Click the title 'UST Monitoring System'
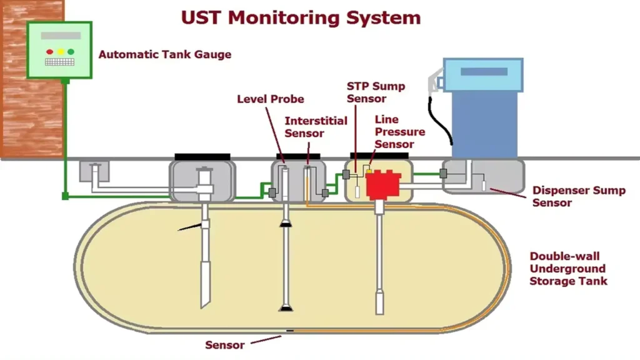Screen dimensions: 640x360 [x=301, y=18]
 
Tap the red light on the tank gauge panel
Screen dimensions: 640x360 [x=50, y=52]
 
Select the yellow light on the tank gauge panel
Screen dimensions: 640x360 [x=61, y=52]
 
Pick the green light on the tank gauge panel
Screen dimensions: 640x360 [x=71, y=52]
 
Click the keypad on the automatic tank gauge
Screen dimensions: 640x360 [x=59, y=62]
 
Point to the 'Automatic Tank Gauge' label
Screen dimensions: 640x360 [x=165, y=54]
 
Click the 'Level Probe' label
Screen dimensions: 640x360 [x=271, y=99]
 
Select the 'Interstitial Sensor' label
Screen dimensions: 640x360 [x=316, y=127]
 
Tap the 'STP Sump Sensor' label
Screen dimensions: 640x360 [x=376, y=92]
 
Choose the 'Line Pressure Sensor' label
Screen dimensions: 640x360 [x=400, y=132]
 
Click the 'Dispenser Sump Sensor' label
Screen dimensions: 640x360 [x=579, y=196]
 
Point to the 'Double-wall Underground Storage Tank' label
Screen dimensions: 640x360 [x=568, y=269]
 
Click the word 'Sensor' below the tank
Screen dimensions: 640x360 [x=224, y=345]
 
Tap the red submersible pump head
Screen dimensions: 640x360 [x=383, y=185]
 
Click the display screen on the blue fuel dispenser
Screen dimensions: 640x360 [x=484, y=72]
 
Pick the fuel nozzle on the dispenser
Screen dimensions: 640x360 [x=434, y=82]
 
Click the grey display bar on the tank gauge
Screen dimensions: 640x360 [x=61, y=36]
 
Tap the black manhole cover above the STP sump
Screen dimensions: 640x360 [x=379, y=156]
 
